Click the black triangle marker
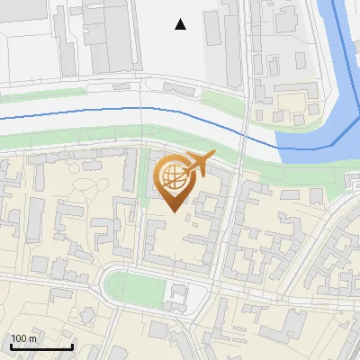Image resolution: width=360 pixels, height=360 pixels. point(181,24)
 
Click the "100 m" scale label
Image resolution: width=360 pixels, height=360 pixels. point(24,338)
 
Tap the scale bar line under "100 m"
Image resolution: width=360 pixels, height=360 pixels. point(41,347)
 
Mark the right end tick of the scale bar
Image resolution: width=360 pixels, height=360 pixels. point(72,346)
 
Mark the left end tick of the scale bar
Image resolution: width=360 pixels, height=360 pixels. point(11,346)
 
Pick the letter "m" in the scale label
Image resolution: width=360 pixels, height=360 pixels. point(33,338)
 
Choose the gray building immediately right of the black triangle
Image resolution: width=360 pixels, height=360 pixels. point(214,27)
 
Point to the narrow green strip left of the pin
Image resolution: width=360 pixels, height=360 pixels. point(144,175)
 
